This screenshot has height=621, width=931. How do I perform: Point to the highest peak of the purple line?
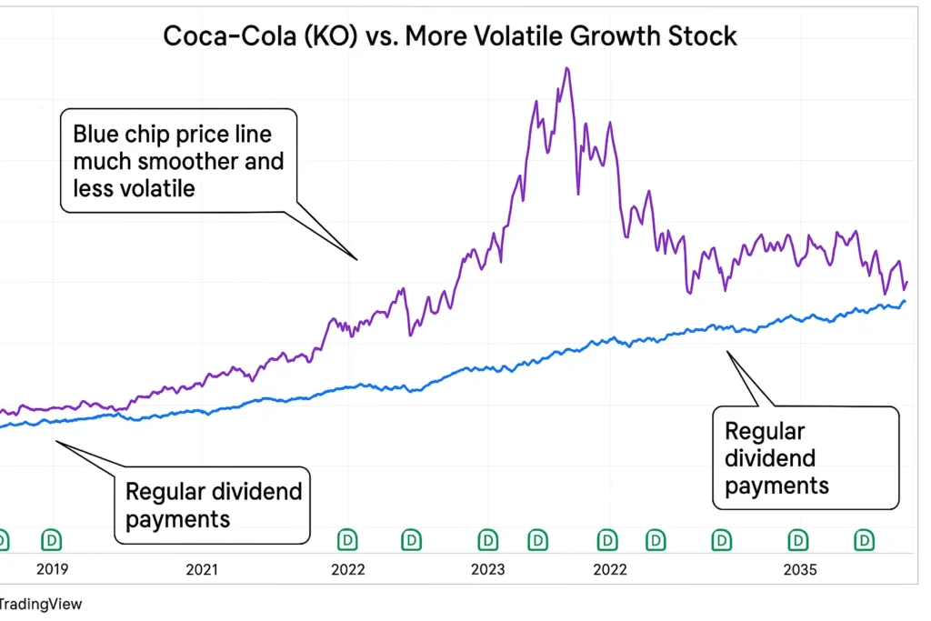click(566, 68)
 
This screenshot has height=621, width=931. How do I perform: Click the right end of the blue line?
click(904, 301)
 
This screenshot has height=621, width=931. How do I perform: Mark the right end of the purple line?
click(906, 282)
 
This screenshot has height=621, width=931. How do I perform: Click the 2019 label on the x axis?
click(53, 570)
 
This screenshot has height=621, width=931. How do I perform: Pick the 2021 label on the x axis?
click(202, 570)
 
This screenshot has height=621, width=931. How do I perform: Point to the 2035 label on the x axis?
click(799, 570)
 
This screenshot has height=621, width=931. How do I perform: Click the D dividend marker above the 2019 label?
click(53, 541)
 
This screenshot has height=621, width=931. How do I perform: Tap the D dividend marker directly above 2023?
click(488, 541)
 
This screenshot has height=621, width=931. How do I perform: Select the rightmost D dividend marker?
click(863, 541)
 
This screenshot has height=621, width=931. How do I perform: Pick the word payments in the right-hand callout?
click(776, 486)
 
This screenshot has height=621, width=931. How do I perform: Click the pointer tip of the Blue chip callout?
click(357, 260)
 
